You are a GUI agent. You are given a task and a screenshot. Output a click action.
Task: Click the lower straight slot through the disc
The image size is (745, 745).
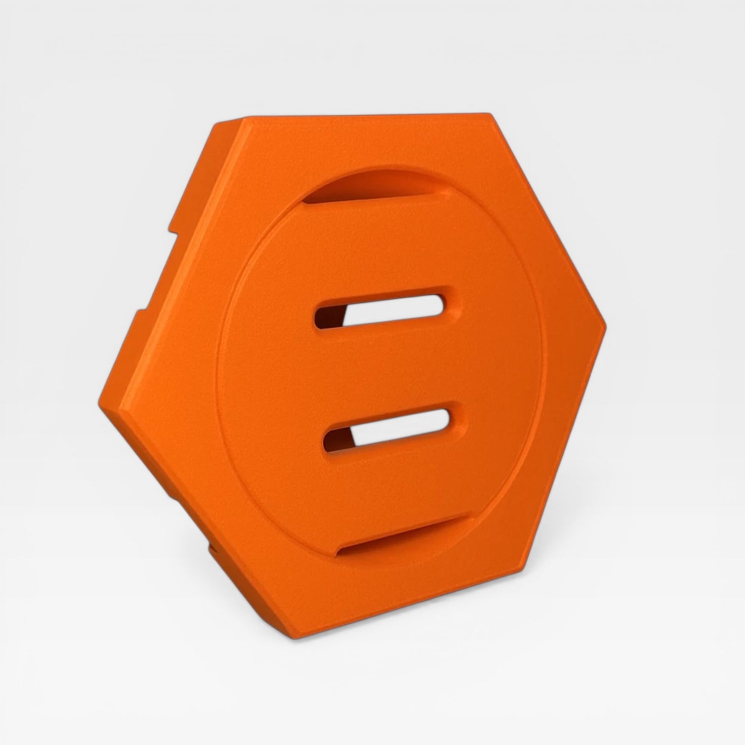389,428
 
